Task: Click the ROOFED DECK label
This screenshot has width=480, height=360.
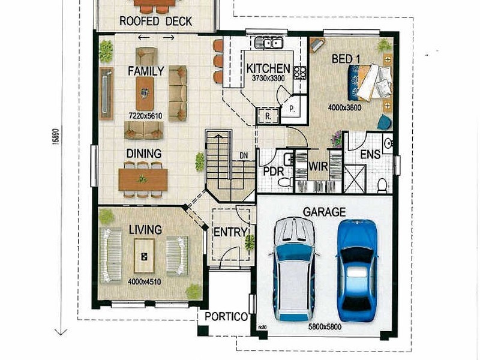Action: point(155,22)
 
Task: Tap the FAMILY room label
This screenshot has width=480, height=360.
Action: point(145,71)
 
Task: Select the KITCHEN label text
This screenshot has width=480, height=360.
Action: point(268,68)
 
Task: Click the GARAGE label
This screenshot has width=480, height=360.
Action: point(324,212)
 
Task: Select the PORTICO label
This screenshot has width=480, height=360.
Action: point(226,317)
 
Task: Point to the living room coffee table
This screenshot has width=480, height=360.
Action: point(145,256)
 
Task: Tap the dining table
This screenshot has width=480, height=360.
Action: point(143,179)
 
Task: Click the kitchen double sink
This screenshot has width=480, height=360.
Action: point(269,43)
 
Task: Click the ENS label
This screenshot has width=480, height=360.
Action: point(370,155)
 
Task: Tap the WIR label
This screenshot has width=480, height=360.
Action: point(317,167)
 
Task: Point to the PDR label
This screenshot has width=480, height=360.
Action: point(273,170)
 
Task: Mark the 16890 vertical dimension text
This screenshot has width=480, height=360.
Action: point(56,135)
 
